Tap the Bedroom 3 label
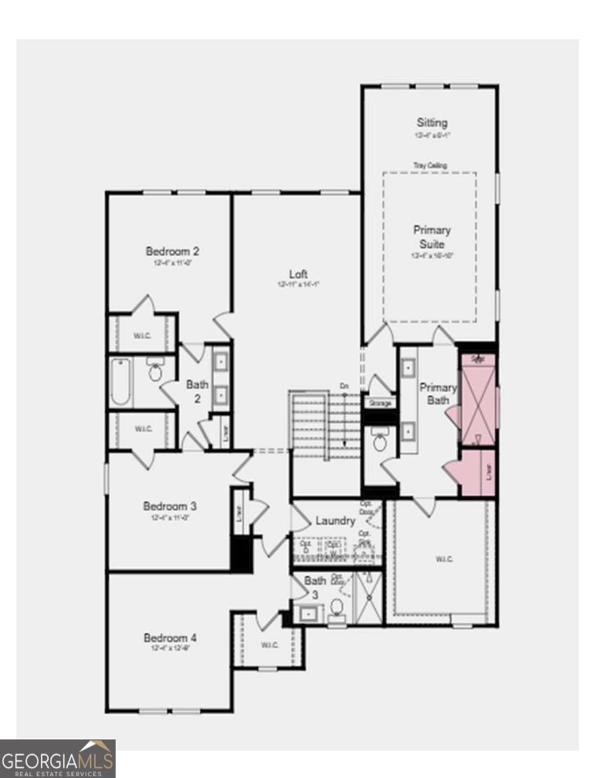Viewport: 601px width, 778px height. coord(170,506)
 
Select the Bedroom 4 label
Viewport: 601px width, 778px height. coord(170,638)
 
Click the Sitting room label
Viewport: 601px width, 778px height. coord(432,123)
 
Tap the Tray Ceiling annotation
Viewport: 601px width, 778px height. coord(430,165)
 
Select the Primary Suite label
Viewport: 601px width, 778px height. coord(432,237)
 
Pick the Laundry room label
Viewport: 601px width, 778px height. coord(335,521)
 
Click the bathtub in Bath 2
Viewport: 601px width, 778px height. coord(121,382)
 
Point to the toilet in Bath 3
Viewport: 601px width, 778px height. coord(337,609)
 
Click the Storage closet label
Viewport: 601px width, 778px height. coord(380,404)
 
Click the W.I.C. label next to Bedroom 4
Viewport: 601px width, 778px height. coord(269,644)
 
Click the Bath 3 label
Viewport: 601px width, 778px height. coord(316,587)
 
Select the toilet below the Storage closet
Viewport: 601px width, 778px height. coord(380,443)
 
